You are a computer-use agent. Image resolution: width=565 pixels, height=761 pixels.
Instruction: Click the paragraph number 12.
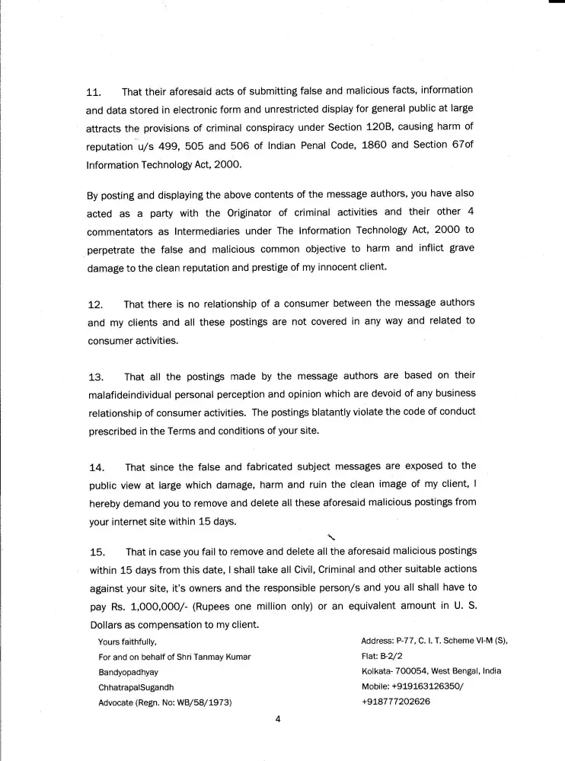(95, 306)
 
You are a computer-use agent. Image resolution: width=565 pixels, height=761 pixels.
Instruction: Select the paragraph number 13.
(95, 377)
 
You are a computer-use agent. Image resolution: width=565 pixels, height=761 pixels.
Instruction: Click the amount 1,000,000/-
(151, 606)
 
